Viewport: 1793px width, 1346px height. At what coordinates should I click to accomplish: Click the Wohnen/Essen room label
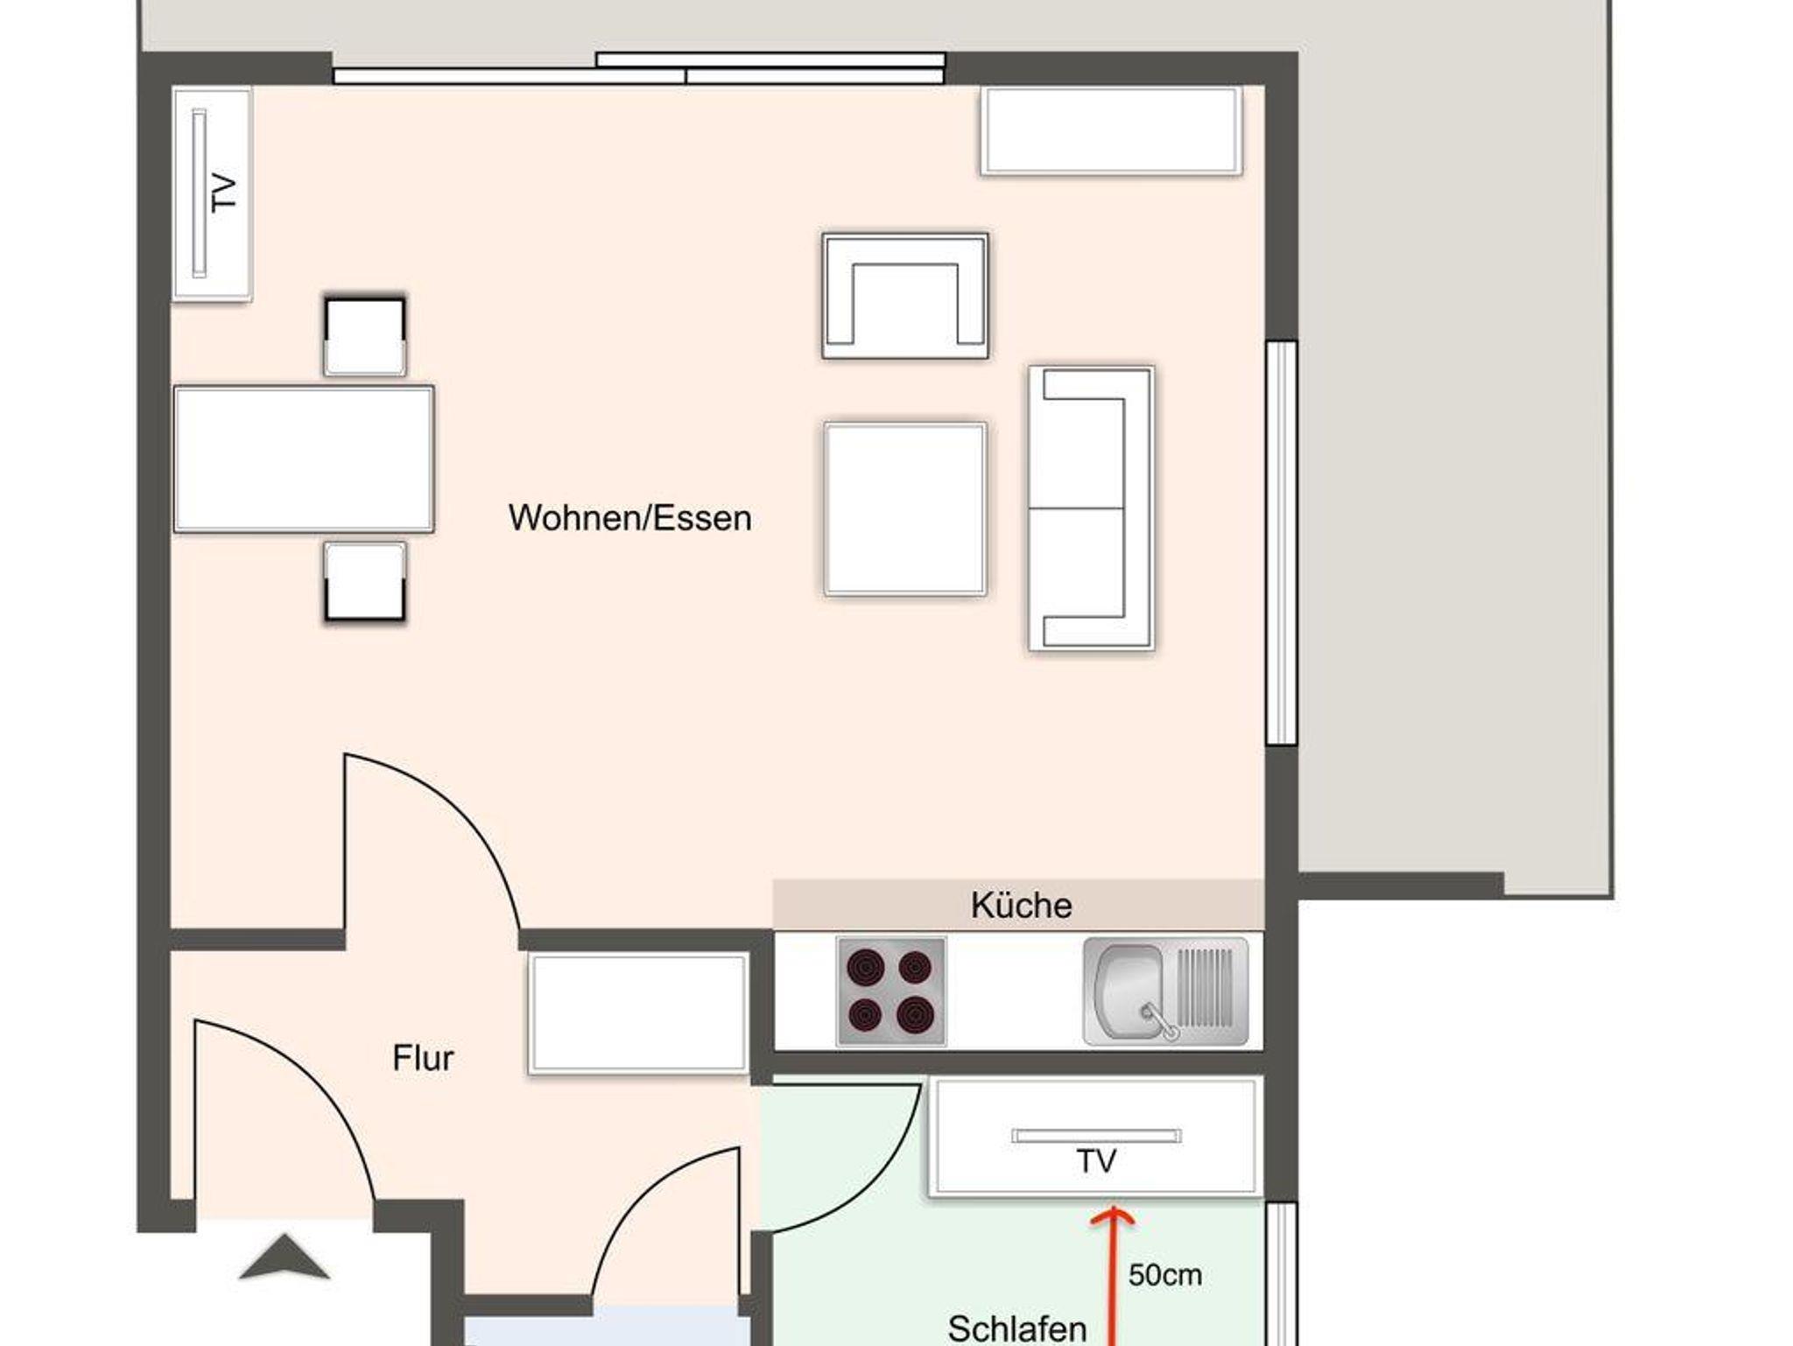pos(629,518)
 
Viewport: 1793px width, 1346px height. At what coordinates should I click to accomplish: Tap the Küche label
pos(1021,905)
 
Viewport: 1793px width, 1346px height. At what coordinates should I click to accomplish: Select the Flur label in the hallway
pos(423,1058)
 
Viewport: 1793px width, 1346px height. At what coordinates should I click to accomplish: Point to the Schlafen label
pos(1017,1328)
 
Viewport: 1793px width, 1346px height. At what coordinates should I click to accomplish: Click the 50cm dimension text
pos(1164,1275)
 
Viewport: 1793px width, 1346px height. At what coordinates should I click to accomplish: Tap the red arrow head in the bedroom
pos(1112,1217)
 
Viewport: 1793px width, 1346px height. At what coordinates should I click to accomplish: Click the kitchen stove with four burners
pos(891,992)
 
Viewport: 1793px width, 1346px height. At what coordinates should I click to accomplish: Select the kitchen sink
pos(1165,992)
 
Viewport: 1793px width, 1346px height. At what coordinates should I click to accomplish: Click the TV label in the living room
pos(224,193)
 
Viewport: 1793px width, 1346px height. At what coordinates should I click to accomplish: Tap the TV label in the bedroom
pos(1095,1161)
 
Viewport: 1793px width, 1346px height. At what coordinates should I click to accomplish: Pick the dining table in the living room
pos(304,459)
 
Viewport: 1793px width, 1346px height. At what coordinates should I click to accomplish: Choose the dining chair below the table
pos(364,582)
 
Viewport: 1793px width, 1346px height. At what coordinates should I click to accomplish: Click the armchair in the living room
pos(905,296)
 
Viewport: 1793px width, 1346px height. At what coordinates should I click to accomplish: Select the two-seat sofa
pos(1091,508)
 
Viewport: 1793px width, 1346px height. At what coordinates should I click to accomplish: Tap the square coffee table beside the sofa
pos(905,508)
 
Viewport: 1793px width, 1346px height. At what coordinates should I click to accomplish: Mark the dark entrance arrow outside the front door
pos(284,1257)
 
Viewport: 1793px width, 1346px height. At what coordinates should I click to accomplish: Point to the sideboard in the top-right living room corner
pos(1111,130)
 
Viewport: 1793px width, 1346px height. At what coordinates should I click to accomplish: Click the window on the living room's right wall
pos(1282,543)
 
